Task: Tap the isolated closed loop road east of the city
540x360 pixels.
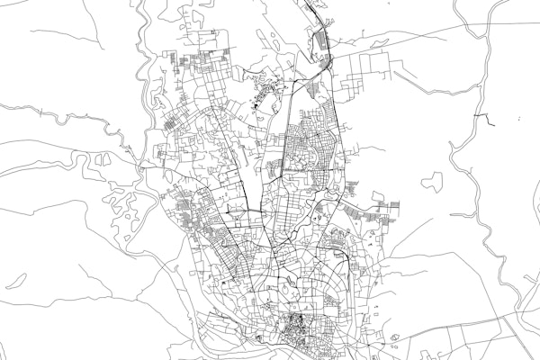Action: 433,181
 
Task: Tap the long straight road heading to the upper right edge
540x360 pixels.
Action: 432,36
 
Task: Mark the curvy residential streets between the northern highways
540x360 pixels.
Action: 310,144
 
